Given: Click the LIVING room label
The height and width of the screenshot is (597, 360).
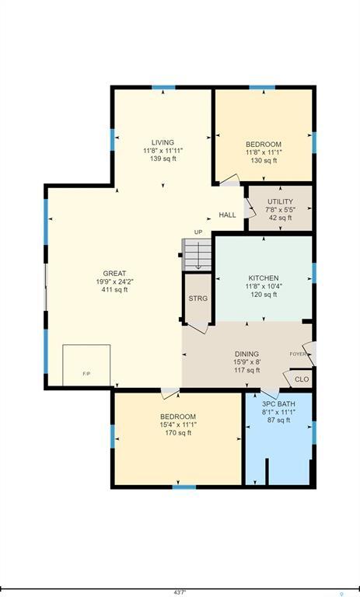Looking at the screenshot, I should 163,142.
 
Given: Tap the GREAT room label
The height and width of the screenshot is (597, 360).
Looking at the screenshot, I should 114,274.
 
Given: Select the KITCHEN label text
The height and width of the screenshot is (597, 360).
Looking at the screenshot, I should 263,278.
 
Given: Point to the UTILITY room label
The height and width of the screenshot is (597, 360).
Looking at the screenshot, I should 280,201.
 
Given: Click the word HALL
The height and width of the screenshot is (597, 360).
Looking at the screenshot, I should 227,215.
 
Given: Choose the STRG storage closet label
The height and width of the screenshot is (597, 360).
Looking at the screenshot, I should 197,298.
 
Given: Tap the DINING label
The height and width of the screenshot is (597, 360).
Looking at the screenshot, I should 247,353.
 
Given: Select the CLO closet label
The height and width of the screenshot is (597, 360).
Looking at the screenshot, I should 302,380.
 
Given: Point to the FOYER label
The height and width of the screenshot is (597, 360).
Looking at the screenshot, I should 298,354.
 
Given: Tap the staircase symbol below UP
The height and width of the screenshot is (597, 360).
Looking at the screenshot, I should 198,254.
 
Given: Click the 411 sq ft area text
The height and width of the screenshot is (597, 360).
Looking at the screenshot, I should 114,290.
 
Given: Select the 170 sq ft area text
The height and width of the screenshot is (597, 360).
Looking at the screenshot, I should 178,433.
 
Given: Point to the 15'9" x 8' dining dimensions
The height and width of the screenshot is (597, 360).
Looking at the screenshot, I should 247,361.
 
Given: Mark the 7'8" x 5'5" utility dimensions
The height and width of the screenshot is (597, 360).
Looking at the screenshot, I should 280,210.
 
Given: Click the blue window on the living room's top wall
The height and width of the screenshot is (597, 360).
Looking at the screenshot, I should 163,88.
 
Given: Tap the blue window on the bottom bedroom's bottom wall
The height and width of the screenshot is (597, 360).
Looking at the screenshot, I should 183,487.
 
